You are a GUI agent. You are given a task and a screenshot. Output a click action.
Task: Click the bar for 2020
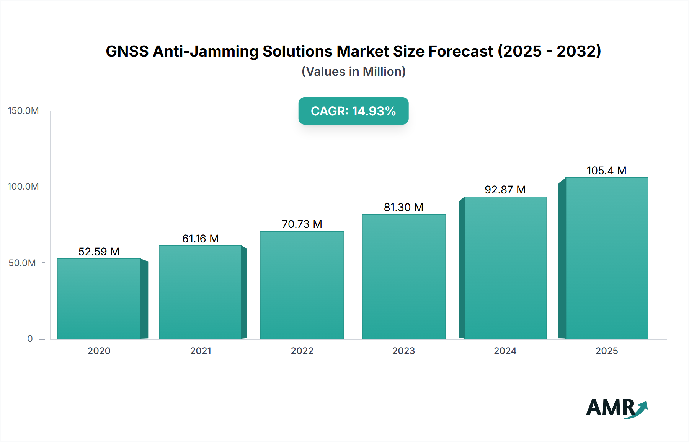pyautogui.click(x=99, y=299)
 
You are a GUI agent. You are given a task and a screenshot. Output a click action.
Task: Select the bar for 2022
pyautogui.click(x=302, y=285)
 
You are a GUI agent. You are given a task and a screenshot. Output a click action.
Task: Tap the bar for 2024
pyautogui.click(x=505, y=268)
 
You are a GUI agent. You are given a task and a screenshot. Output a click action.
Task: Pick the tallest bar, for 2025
pyautogui.click(x=607, y=258)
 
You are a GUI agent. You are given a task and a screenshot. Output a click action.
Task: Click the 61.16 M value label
pyautogui.click(x=200, y=239)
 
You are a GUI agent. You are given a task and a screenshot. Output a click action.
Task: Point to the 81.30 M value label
pyautogui.click(x=403, y=207)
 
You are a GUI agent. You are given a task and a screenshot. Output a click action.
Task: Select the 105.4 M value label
pyautogui.click(x=606, y=171)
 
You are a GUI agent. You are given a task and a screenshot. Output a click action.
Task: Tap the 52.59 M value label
pyautogui.click(x=99, y=252)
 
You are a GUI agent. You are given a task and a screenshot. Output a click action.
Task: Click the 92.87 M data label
pyautogui.click(x=505, y=190)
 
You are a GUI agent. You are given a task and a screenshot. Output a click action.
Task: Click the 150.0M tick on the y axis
pyautogui.click(x=23, y=111)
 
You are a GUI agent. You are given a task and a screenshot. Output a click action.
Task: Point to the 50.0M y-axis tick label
pyautogui.click(x=22, y=263)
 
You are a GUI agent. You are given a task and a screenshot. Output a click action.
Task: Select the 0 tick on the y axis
pyautogui.click(x=30, y=339)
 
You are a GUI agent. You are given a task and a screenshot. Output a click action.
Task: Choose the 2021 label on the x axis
pyautogui.click(x=201, y=351)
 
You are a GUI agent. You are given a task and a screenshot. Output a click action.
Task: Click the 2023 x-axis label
pyautogui.click(x=403, y=351)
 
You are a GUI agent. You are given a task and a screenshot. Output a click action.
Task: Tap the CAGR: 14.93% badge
pyautogui.click(x=353, y=111)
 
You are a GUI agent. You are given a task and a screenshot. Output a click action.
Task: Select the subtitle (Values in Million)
pyautogui.click(x=353, y=71)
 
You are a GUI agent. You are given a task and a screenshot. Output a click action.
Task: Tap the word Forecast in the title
pyautogui.click(x=460, y=51)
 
